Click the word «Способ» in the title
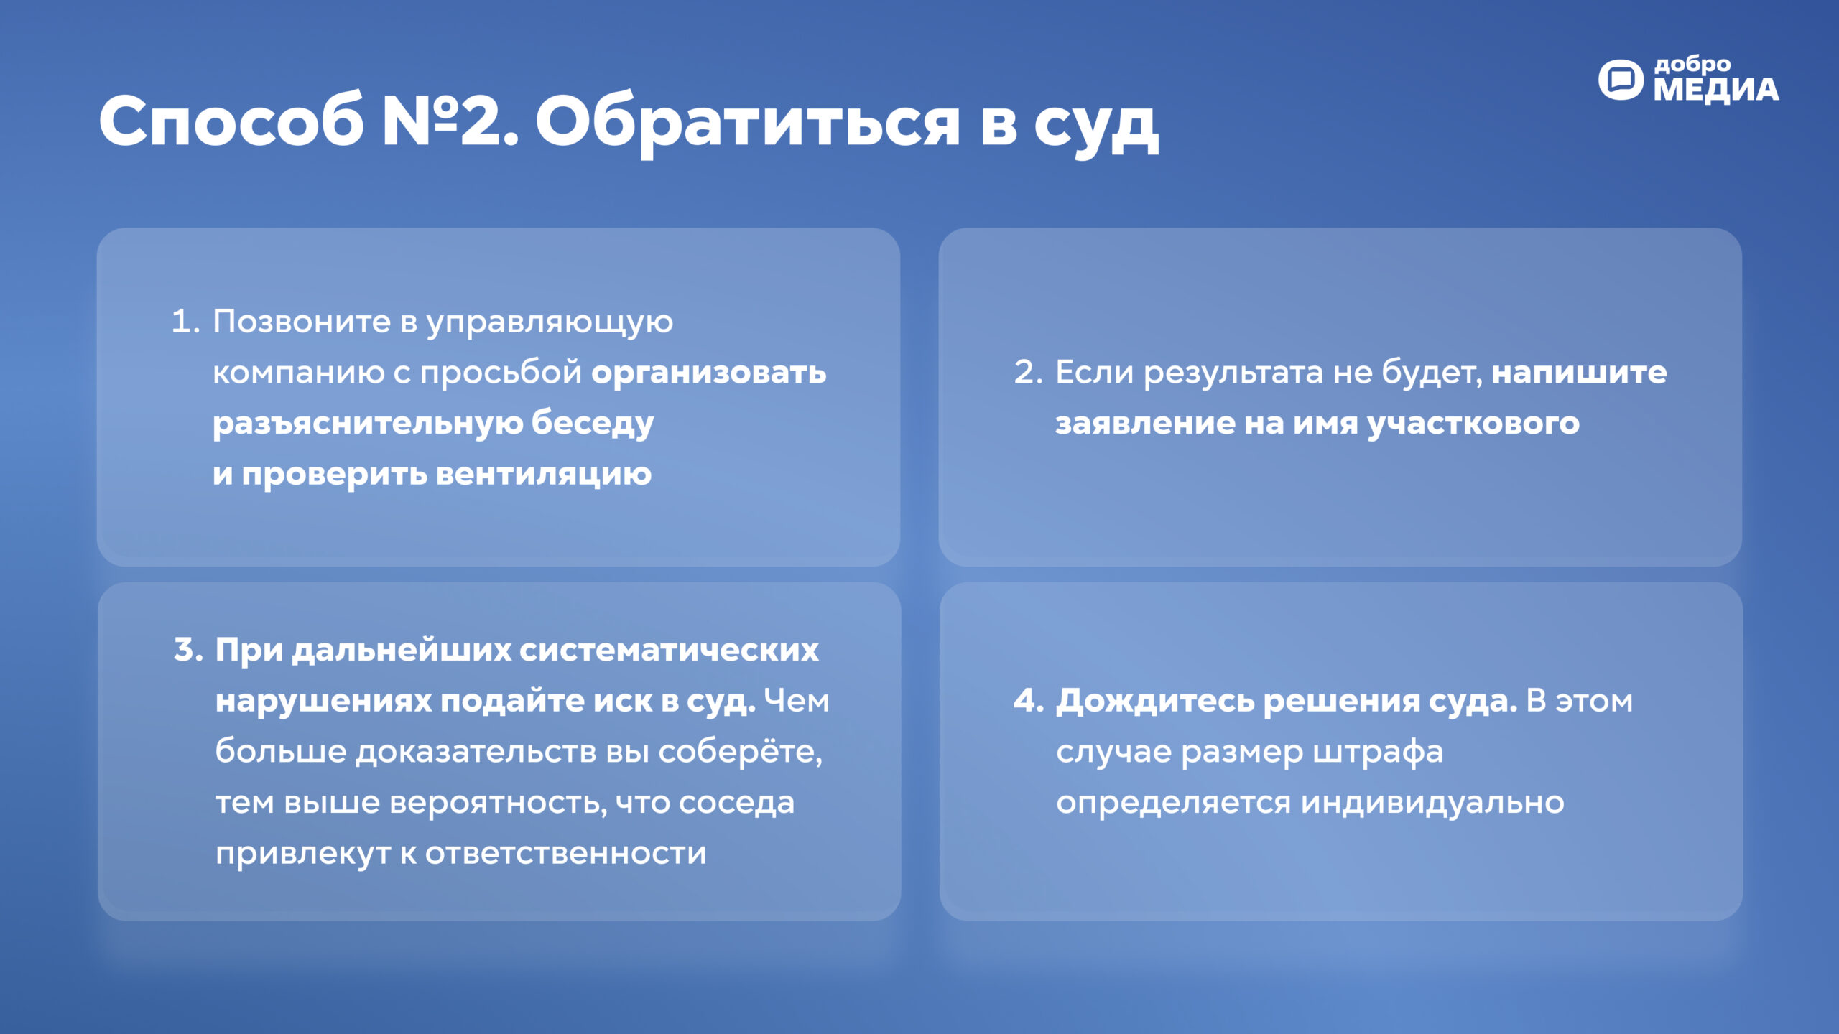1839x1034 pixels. pos(231,120)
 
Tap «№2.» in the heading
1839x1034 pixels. pos(450,120)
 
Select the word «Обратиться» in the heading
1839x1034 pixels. pos(748,124)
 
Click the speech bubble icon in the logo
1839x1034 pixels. pos(1621,80)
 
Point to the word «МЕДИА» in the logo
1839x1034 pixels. pos(1716,90)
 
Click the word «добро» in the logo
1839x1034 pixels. pos(1692,65)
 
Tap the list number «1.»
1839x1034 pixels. pos(185,321)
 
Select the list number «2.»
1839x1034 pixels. pos(1028,372)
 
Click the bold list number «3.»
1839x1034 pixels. pos(189,650)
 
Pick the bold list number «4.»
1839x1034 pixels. pos(1029,701)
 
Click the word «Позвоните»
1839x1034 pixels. pos(302,321)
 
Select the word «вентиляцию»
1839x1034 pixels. pos(544,475)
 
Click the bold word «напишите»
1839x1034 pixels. pos(1580,372)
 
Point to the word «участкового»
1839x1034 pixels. pos(1473,424)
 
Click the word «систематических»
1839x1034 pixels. pos(669,650)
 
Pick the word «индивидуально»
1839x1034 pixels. pos(1432,803)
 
